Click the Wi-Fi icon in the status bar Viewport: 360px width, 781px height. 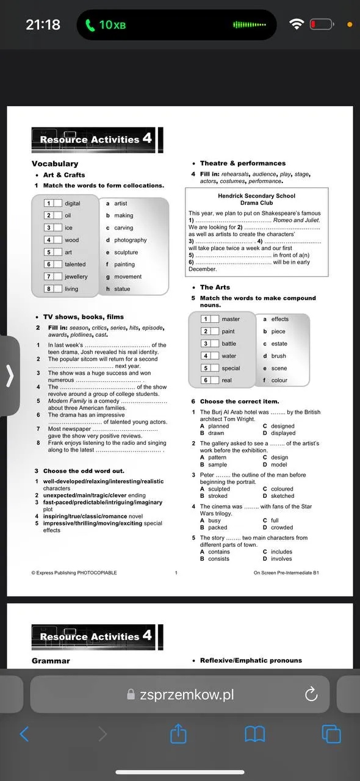click(297, 24)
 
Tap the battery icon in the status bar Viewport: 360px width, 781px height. click(322, 24)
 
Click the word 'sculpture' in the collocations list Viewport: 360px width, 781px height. click(126, 252)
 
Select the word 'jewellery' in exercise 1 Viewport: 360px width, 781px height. click(76, 276)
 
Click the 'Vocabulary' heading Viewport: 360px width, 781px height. click(55, 164)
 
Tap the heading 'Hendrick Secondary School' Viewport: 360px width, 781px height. click(256, 196)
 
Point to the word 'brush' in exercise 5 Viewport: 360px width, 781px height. click(279, 356)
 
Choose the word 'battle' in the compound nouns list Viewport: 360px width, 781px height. click(229, 344)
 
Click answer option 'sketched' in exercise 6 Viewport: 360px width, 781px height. click(283, 496)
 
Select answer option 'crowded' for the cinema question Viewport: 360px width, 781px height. click(282, 528)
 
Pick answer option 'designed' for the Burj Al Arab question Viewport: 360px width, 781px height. click(283, 426)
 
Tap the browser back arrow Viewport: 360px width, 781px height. click(24, 733)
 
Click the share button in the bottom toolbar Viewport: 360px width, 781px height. click(178, 733)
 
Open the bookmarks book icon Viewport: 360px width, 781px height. click(255, 733)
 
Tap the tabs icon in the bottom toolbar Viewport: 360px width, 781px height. click(332, 733)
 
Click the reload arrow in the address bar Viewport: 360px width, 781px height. click(311, 694)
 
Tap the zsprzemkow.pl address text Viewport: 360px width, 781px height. click(186, 694)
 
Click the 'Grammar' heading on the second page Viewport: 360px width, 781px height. click(51, 661)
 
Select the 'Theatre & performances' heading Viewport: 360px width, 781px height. click(243, 164)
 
